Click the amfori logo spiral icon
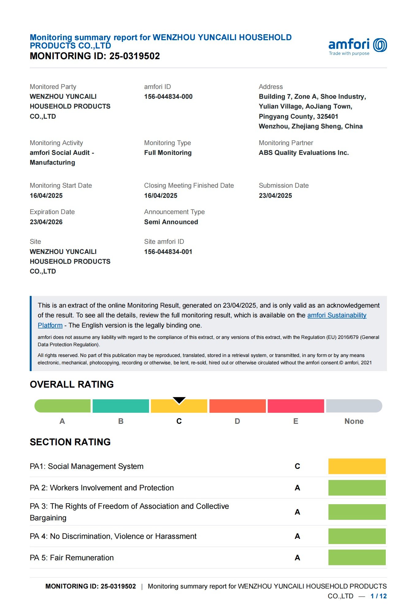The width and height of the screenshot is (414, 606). coord(380,45)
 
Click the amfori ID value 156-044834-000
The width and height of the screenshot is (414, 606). coord(168,97)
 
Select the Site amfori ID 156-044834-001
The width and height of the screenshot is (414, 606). coord(168,252)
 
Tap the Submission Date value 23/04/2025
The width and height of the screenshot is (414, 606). coord(275,196)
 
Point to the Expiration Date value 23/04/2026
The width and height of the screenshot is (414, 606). coord(46,222)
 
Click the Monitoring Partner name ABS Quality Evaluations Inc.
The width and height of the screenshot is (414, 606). coord(304,153)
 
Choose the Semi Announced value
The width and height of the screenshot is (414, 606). coord(171,222)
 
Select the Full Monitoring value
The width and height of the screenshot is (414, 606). coord(168,153)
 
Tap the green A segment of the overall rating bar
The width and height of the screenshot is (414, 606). coord(63,406)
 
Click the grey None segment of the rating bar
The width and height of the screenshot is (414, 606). coord(354,406)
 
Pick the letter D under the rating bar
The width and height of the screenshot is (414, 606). coord(237,421)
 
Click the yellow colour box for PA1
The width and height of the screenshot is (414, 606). coord(357,466)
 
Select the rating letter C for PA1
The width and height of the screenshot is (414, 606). coord(297,466)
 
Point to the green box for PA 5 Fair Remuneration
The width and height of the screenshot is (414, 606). coord(357,558)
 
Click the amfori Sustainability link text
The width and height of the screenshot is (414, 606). coord(337,315)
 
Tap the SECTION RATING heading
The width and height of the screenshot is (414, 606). coord(70,442)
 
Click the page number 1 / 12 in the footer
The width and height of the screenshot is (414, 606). coord(378,596)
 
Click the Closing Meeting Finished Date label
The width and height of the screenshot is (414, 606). coord(189,186)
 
